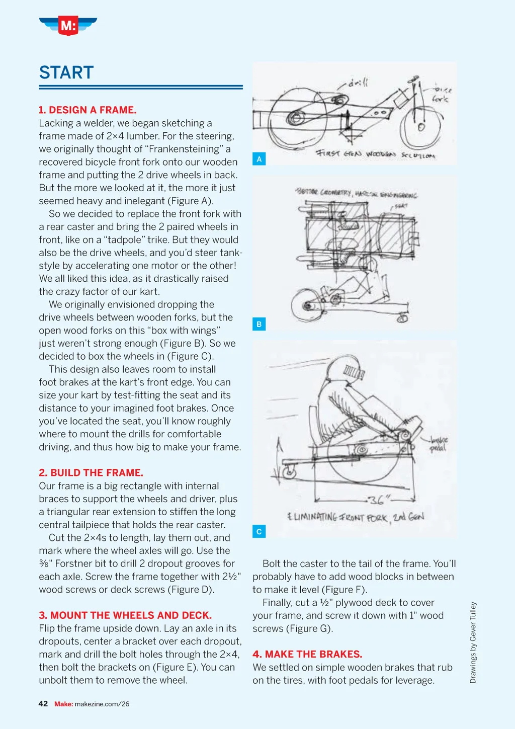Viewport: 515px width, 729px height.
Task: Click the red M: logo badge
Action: (x=68, y=25)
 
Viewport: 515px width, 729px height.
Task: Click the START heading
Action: (x=66, y=72)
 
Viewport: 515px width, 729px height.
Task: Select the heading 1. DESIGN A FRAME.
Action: (x=88, y=110)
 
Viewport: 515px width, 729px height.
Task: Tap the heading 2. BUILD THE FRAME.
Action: (x=91, y=472)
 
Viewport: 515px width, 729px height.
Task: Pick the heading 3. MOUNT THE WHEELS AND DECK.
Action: (x=125, y=615)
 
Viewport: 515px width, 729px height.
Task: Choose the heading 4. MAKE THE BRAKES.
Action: (x=307, y=654)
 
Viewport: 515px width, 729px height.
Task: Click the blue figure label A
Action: (x=259, y=159)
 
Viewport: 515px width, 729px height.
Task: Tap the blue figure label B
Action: (x=259, y=324)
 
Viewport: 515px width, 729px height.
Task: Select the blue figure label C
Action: (x=259, y=531)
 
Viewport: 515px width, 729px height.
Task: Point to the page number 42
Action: (x=43, y=704)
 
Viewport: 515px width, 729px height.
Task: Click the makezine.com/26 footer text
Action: (x=102, y=704)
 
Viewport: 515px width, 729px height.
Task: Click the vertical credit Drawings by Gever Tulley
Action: (x=473, y=642)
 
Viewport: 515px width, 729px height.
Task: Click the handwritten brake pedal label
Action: (x=439, y=444)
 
